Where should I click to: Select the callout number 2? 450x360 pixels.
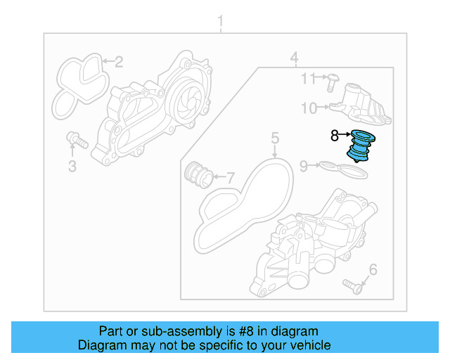[x=119, y=62]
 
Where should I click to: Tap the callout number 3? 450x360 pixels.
[x=72, y=166]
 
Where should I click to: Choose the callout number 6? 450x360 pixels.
[x=373, y=269]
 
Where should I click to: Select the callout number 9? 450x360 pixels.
[x=304, y=166]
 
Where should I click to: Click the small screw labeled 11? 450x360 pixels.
[x=333, y=82]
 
